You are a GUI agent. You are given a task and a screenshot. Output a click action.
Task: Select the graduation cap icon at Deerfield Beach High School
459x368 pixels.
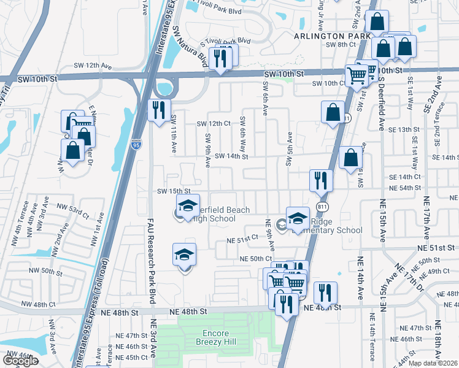tap(188, 205)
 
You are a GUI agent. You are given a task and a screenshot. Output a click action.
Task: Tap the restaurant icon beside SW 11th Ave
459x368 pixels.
tap(159, 110)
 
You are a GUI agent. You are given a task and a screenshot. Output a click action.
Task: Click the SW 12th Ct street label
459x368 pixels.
tap(213, 123)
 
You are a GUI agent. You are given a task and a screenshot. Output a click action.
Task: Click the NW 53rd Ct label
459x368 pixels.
tap(73, 211)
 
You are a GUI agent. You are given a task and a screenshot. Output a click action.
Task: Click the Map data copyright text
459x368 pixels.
tap(433, 363)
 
